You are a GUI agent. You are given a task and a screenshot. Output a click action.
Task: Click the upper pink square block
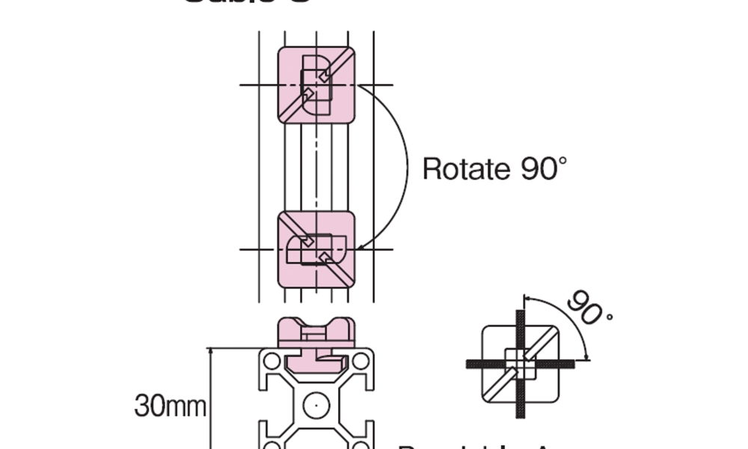[x=316, y=85]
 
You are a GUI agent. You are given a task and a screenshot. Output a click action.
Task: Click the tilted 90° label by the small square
[x=589, y=308]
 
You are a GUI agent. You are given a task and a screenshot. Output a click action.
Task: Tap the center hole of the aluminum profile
[x=316, y=405]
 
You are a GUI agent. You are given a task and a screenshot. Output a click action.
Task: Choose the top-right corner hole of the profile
[x=361, y=361]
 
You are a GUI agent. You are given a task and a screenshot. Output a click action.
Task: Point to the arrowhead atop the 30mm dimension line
[x=211, y=350]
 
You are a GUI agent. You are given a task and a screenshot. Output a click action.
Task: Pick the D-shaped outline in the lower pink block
[x=322, y=249]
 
